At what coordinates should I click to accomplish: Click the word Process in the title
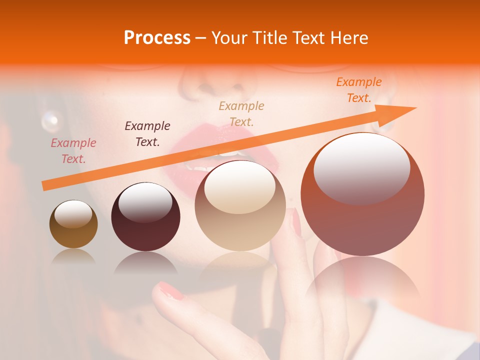(x=157, y=38)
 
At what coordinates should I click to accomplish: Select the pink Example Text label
(x=73, y=151)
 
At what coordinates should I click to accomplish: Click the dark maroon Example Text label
(x=147, y=134)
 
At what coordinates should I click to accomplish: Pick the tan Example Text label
(x=241, y=113)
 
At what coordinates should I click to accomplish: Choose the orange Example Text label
(x=358, y=90)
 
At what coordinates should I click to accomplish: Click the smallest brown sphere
(x=73, y=224)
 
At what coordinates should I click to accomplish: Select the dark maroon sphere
(x=145, y=216)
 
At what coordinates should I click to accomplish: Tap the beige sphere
(x=240, y=205)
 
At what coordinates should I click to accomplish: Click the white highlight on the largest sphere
(x=361, y=162)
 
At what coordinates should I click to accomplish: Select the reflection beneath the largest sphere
(x=362, y=280)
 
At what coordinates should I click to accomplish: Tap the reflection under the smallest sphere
(x=73, y=256)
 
